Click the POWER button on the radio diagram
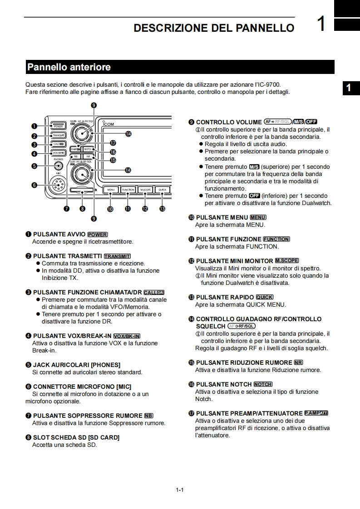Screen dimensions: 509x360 [58, 126]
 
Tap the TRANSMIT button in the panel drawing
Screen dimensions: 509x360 [59, 135]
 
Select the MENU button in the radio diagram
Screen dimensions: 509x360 [110, 190]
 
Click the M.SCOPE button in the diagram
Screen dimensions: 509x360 [145, 190]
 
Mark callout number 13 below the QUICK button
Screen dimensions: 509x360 [162, 209]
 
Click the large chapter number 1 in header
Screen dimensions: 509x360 [321, 24]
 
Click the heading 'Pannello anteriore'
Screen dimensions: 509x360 [69, 67]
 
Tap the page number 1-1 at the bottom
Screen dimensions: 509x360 [179, 490]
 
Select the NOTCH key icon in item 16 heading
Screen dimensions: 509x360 [263, 384]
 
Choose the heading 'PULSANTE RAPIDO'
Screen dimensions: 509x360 [225, 297]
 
